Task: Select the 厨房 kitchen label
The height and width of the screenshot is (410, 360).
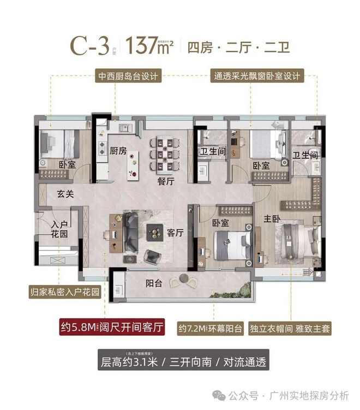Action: tap(118, 151)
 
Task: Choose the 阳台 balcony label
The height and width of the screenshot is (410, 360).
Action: tap(155, 284)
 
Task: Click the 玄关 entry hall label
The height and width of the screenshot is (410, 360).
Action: tap(65, 193)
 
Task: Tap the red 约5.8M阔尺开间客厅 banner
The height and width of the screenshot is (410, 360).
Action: tap(111, 329)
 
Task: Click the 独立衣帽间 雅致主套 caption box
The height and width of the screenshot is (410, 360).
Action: tap(290, 329)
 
